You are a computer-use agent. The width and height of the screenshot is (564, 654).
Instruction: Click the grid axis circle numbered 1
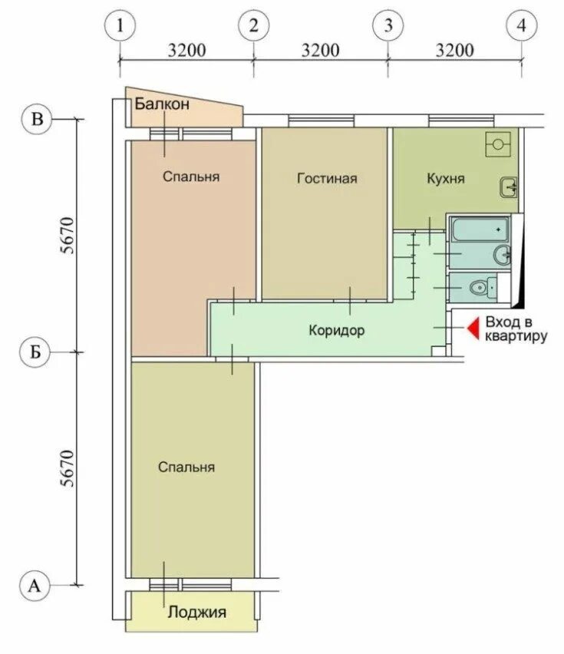click(x=120, y=26)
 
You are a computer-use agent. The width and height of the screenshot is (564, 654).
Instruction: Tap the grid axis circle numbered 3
click(x=388, y=26)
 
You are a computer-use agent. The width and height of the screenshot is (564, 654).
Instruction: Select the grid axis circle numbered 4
click(x=522, y=26)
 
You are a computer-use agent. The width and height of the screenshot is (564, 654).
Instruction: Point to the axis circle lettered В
click(x=37, y=119)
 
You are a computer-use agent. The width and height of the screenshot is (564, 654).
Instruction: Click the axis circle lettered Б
click(x=35, y=352)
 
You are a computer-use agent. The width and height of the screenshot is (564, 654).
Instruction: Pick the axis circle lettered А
click(x=35, y=586)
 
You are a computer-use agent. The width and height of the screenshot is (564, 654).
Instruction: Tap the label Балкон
click(x=162, y=104)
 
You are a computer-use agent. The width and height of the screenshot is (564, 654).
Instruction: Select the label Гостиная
click(x=327, y=179)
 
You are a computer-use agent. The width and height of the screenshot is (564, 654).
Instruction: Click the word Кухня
click(x=446, y=179)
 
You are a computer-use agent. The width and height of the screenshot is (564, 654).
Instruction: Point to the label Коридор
click(x=337, y=330)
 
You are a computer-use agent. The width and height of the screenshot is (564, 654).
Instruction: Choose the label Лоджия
click(x=197, y=613)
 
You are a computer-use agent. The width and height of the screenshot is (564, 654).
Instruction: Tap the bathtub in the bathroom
click(x=480, y=230)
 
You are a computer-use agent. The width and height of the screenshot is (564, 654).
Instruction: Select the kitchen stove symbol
click(x=498, y=144)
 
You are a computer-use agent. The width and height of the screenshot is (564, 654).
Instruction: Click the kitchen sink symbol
click(x=509, y=188)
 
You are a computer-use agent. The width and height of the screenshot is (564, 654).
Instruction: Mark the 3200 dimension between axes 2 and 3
click(x=320, y=50)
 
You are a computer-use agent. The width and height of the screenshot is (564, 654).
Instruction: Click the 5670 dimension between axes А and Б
click(x=68, y=468)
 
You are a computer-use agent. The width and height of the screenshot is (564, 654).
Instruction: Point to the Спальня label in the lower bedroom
click(x=186, y=467)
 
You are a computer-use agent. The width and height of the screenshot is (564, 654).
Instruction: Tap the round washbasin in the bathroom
click(x=503, y=253)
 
